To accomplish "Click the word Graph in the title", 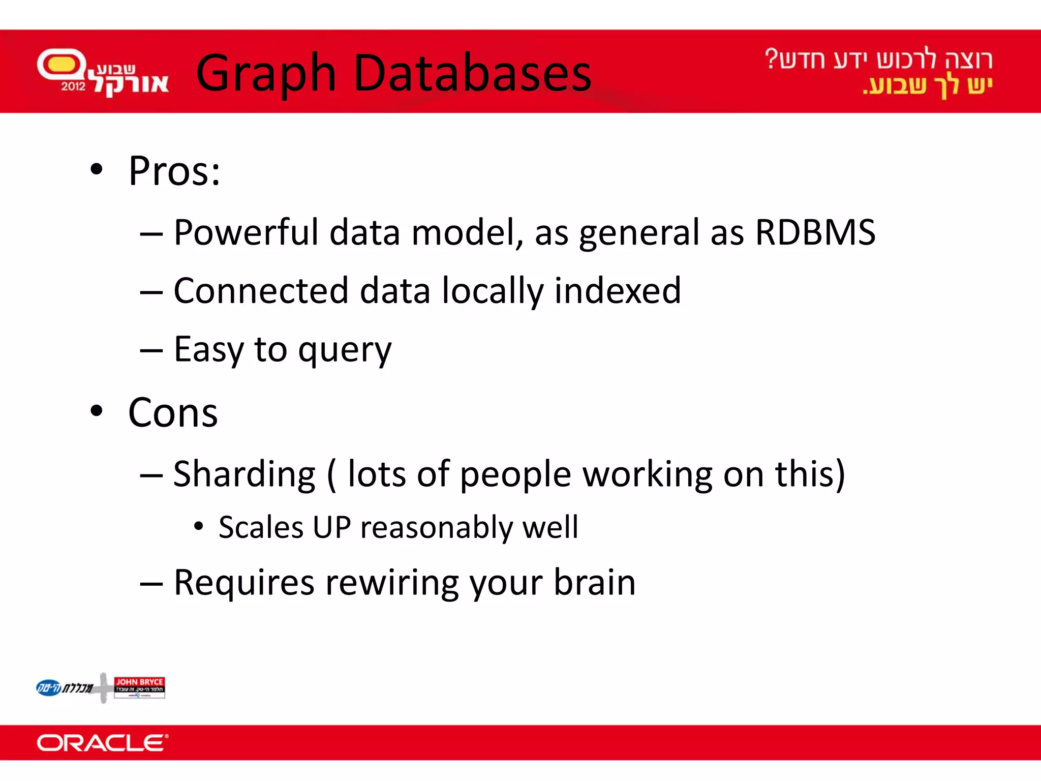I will coord(265,74).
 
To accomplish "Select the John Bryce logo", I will coord(139,687).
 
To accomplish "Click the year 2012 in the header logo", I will coord(73,86).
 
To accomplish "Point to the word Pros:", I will coord(174,171).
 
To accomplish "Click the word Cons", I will coord(173,412).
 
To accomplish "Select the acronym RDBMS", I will coord(815,232).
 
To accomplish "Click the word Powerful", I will coord(246,232).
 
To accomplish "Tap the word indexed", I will coord(617,290).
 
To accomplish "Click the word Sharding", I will coord(244,474).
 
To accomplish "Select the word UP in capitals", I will coord(331,527).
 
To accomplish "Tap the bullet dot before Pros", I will coord(97,169).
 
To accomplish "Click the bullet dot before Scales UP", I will coord(199,526).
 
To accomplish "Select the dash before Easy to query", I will coord(151,351).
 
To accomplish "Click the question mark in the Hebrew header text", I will coord(771,58).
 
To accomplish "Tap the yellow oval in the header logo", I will coord(61,65).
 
